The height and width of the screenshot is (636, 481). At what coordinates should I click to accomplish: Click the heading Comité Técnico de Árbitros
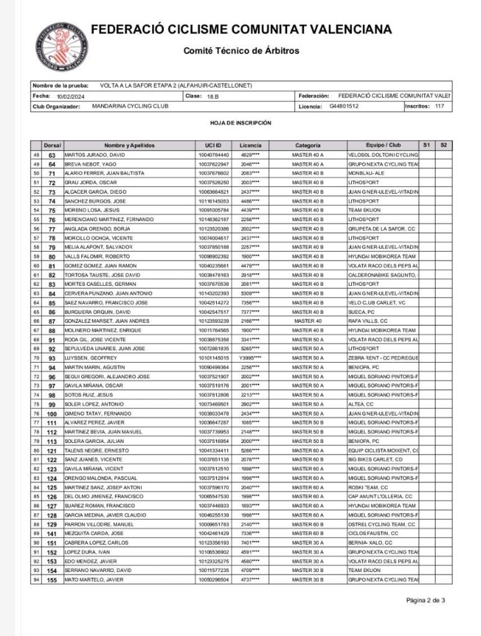tap(241, 51)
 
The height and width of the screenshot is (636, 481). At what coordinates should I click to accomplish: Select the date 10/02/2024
tap(70, 97)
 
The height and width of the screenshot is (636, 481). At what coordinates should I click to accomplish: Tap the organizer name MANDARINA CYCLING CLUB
tap(130, 106)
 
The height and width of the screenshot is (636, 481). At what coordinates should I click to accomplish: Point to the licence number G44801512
tap(344, 106)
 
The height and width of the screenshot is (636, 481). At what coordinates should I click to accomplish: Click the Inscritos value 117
tap(439, 106)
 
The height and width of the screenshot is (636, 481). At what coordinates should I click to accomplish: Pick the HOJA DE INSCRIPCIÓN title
tap(241, 123)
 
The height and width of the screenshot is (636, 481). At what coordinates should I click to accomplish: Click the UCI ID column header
tap(213, 145)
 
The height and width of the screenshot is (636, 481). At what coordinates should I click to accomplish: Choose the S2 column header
tap(443, 145)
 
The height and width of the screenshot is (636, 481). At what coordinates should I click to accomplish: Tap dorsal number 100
tap(52, 414)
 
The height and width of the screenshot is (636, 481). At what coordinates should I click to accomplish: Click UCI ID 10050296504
tap(214, 579)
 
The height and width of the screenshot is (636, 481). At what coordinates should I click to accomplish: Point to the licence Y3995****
tap(250, 358)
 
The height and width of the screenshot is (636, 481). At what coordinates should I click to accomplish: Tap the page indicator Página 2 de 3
tap(426, 600)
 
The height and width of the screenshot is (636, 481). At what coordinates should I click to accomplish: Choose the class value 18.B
tap(213, 97)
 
